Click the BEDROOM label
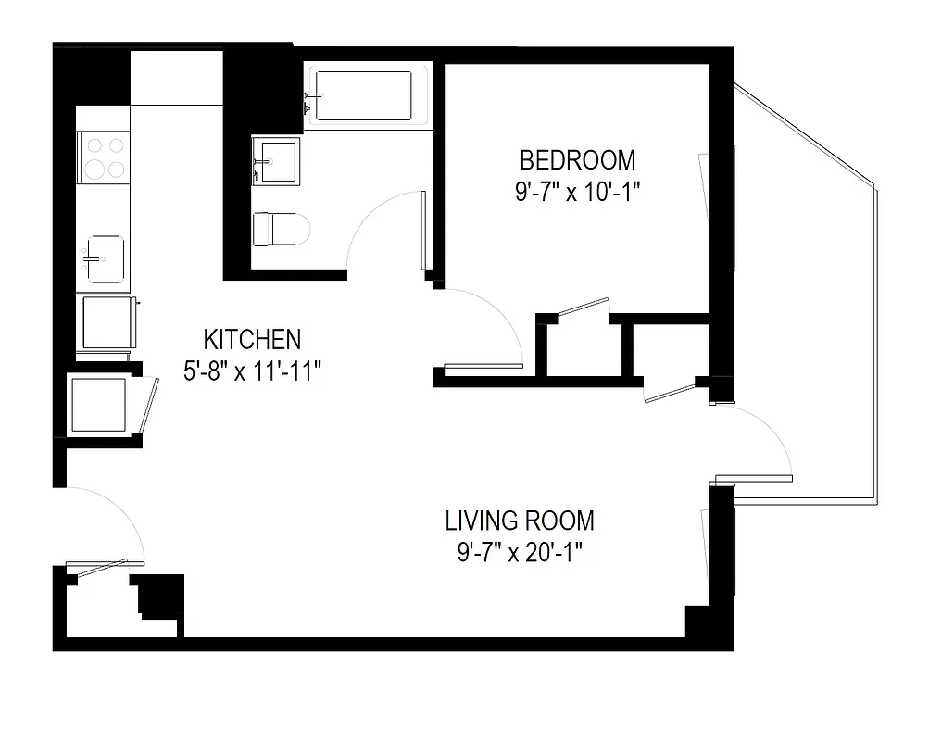coord(578,160)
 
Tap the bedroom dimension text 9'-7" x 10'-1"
coord(578,192)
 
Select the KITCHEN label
coord(252,338)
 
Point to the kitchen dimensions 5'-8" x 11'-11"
coord(252,370)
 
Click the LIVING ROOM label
coord(520,520)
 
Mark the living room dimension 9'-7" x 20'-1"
coord(520,552)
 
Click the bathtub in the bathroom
coord(369,95)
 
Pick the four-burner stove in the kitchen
coord(104,157)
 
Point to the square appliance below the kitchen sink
coord(106,320)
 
